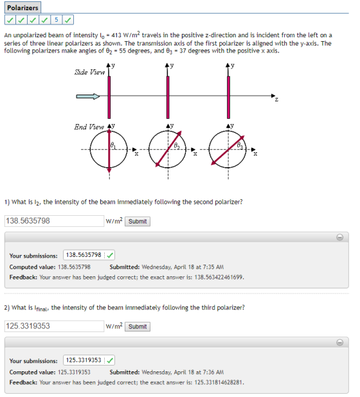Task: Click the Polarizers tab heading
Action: [x=22, y=8]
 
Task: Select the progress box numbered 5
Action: [x=56, y=20]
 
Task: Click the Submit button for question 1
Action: [x=138, y=221]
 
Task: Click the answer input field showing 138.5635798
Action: [x=54, y=221]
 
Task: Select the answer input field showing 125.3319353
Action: [x=54, y=326]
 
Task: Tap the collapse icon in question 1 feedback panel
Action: [x=339, y=237]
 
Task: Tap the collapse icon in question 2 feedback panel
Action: [x=339, y=342]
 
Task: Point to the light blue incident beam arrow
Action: [x=88, y=96]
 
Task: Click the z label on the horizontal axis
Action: [x=276, y=100]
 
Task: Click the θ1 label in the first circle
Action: [x=113, y=145]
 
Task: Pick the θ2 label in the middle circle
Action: [x=177, y=145]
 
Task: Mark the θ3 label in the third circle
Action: [x=240, y=145]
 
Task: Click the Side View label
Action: [x=90, y=72]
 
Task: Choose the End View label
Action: [x=89, y=127]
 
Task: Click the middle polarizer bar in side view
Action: [x=168, y=97]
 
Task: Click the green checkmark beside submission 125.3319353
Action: [x=110, y=360]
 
